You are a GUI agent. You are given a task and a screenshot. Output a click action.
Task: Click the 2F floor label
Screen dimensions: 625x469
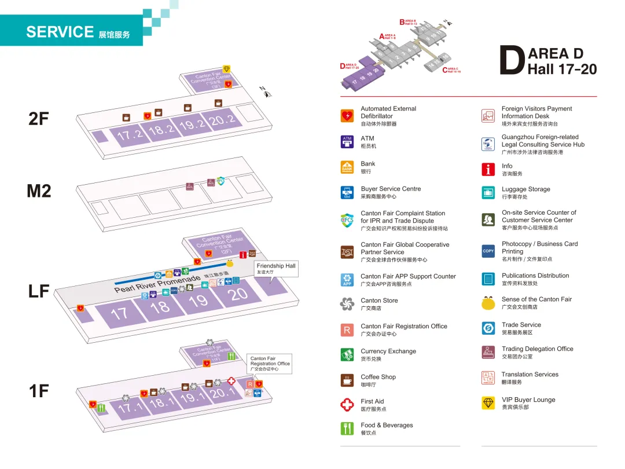[x=39, y=119]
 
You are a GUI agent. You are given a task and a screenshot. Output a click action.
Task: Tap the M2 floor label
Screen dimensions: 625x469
[x=39, y=190]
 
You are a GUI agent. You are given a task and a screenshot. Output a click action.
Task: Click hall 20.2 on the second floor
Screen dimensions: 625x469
[x=222, y=120]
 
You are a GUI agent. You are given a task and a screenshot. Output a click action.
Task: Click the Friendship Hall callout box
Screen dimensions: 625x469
[x=276, y=269]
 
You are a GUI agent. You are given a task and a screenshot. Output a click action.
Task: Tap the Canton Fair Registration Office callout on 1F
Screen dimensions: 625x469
[x=269, y=364]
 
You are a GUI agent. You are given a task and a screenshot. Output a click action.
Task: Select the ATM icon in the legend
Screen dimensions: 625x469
[x=347, y=142]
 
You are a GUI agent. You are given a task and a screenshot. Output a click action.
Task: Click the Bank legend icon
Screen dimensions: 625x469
[x=347, y=167]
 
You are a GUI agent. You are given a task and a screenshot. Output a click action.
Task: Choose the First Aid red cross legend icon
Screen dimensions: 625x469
[x=347, y=405]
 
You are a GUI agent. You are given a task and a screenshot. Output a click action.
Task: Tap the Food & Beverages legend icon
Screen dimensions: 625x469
[x=347, y=428]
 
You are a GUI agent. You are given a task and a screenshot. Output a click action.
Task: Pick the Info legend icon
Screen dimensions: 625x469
[x=488, y=169]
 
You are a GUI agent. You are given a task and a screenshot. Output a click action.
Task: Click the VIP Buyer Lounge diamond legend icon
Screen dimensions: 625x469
[x=488, y=403]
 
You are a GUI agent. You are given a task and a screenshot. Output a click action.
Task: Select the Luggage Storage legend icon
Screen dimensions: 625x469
[x=488, y=193]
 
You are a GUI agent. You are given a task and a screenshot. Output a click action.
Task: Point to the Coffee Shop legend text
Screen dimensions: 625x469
[x=378, y=377]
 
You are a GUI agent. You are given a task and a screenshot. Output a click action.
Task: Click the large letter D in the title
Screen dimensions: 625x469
[x=512, y=61]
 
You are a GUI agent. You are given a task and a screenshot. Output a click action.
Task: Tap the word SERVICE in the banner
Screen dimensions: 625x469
[x=60, y=32]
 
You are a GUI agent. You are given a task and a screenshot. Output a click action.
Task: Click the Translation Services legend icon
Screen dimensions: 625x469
[x=488, y=378]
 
